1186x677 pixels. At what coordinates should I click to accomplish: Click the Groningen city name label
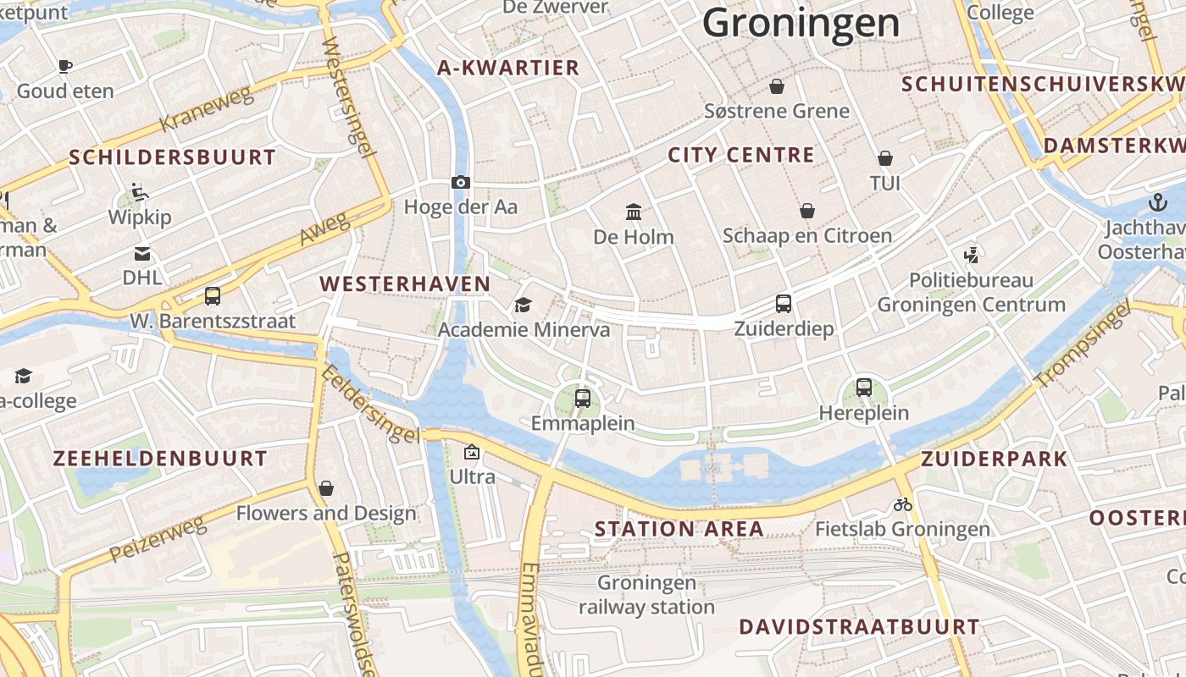pos(801,22)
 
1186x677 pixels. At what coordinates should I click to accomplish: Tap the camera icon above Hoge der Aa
pos(461,182)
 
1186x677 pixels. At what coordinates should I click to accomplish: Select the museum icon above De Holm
pos(633,212)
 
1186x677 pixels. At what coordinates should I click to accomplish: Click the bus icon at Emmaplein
pos(582,398)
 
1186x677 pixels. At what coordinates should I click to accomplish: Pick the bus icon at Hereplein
pos(863,388)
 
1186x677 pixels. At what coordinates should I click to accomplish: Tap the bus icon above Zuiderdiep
pos(784,303)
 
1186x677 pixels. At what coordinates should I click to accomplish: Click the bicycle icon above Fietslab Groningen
pos(903,504)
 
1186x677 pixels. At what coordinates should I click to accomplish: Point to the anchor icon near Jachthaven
pos(1157,202)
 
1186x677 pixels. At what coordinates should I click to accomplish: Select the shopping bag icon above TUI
pos(884,158)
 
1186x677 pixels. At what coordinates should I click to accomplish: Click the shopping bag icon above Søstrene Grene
pos(776,85)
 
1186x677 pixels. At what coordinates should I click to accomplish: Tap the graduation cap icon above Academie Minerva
pos(523,305)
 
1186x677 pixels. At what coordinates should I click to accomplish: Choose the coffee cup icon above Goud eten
pos(65,66)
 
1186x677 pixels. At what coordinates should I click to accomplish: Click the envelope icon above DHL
pos(141,253)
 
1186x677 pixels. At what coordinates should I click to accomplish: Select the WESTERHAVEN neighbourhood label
pos(405,284)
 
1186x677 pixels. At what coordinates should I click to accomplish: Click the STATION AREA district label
pos(679,529)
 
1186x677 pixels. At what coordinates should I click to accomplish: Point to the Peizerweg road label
pos(158,539)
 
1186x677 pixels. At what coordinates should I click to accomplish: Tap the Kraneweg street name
pos(207,108)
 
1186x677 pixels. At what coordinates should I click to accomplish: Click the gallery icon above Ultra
pos(472,453)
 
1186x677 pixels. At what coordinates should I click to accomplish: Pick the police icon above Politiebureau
pos(971,254)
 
